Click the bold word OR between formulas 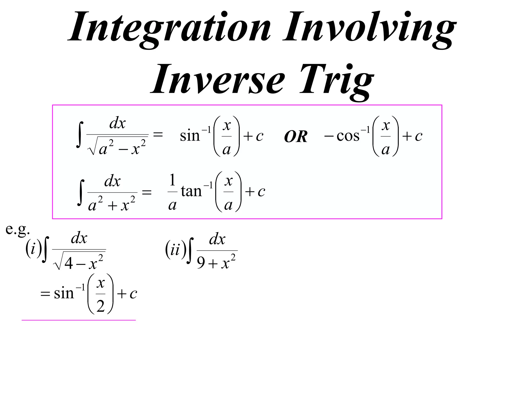coord(296,136)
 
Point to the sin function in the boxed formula coord(190,136)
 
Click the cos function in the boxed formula coord(348,136)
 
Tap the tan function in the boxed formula coord(191,191)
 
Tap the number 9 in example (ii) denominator coord(201,263)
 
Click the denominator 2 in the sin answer coord(100,306)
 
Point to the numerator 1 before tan coord(172,180)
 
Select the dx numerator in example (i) coord(79,238)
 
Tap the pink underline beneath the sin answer coord(78,320)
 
